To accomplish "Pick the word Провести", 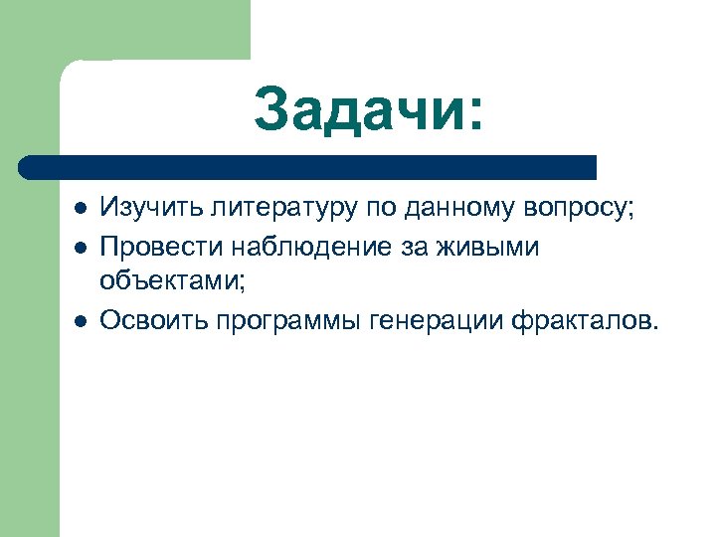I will coord(151,247).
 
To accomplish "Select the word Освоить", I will coord(146,319).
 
